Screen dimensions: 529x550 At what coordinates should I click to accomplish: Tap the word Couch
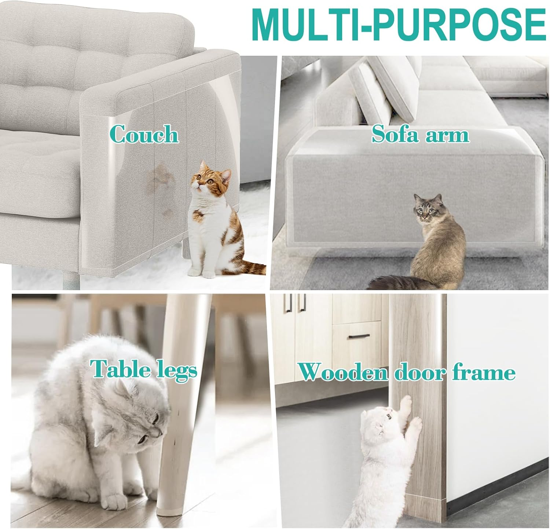tap(144, 134)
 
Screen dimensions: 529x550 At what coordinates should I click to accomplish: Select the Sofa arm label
tap(420, 134)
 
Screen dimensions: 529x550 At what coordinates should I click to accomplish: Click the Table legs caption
tap(144, 369)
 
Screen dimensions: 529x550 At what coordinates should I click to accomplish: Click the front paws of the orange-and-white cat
tap(202, 273)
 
